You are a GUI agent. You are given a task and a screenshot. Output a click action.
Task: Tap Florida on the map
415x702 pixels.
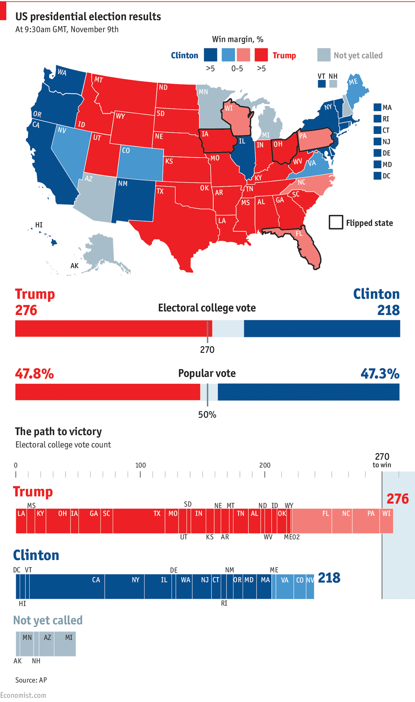(307, 244)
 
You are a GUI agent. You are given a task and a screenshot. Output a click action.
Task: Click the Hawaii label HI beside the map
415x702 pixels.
(39, 225)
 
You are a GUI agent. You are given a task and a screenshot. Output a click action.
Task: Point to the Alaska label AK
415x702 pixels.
(75, 266)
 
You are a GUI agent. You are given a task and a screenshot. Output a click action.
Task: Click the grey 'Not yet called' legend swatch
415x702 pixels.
(324, 55)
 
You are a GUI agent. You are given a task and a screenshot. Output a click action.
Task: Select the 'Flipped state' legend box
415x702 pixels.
(336, 222)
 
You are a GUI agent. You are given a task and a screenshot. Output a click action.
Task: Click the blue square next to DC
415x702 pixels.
(377, 176)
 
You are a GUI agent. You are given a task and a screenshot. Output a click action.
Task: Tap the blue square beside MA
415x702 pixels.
(377, 107)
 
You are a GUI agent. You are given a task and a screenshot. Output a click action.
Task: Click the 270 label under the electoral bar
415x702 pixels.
(207, 350)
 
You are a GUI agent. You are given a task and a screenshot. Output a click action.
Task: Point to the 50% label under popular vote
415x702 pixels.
(207, 415)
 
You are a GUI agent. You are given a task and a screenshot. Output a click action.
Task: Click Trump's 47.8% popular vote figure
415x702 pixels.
(35, 374)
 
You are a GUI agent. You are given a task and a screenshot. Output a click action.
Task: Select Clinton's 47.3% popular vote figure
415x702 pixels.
(380, 374)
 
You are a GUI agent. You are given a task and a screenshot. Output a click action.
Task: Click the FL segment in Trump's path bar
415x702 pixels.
(312, 521)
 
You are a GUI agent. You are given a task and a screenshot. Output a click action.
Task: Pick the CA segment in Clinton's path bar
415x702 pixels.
(67, 587)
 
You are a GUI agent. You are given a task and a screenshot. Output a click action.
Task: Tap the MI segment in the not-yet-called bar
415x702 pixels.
(65, 644)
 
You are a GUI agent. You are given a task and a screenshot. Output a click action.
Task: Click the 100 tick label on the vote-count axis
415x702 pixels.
(141, 465)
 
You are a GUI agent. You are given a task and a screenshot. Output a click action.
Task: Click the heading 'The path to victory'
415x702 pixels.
(58, 432)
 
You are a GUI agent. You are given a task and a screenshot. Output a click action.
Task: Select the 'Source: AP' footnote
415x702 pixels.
(31, 680)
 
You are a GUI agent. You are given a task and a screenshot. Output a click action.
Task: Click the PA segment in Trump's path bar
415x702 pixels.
(366, 521)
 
